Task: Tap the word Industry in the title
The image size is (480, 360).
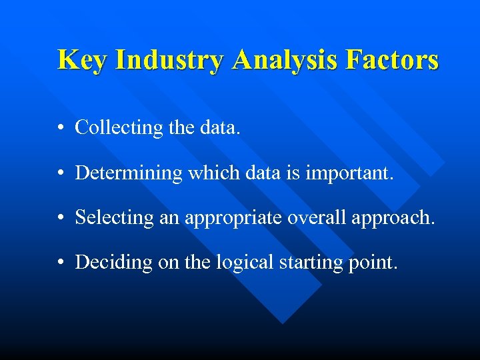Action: coord(170,59)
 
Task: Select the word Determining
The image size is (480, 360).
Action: coord(129,173)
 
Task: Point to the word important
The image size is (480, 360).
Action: coord(350,173)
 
